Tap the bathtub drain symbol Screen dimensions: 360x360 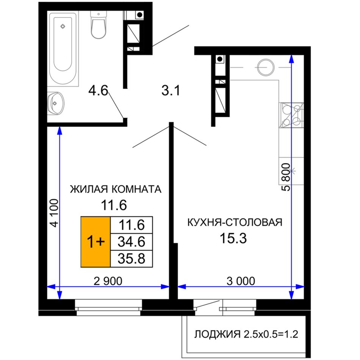pyautogui.click(x=63, y=27)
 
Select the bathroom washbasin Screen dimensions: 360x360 pyautogui.click(x=56, y=103)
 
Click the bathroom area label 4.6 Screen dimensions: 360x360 pyautogui.click(x=98, y=90)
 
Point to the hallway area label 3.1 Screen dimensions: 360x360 pyautogui.click(x=171, y=90)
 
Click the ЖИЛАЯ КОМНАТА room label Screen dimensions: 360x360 pyautogui.click(x=116, y=189)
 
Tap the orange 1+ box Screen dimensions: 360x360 pyautogui.click(x=95, y=242)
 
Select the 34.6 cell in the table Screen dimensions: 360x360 pyautogui.click(x=131, y=242)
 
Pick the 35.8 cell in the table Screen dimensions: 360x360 pyautogui.click(x=131, y=259)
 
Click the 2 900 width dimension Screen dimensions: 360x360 pyautogui.click(x=108, y=281)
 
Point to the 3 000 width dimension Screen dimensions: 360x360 pyautogui.click(x=241, y=281)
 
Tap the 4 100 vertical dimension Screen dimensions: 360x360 pyautogui.click(x=55, y=213)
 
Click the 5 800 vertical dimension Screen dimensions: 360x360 pyautogui.click(x=286, y=177)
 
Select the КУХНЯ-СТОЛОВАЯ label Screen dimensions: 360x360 pyautogui.click(x=235, y=222)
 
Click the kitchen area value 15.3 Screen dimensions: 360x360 pyautogui.click(x=233, y=238)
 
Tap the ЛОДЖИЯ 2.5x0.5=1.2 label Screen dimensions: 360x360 pyautogui.click(x=246, y=334)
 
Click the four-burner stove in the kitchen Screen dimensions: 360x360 pyautogui.click(x=291, y=115)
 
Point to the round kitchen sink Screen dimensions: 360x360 pyautogui.click(x=266, y=67)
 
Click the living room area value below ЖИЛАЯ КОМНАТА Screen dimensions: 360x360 pyautogui.click(x=114, y=205)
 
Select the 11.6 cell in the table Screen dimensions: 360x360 pyautogui.click(x=131, y=225)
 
